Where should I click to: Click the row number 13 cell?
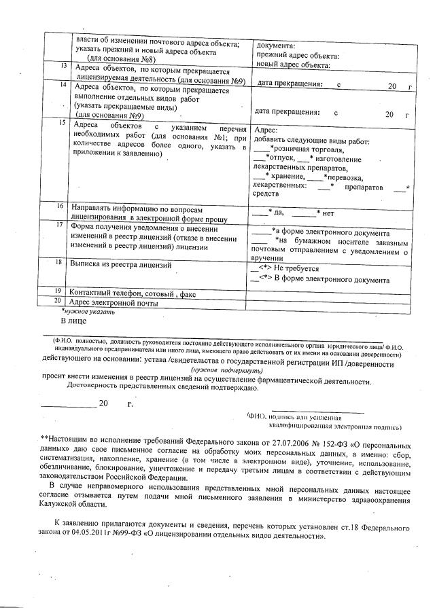pyautogui.click(x=63, y=67)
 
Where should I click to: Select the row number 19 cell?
pyautogui.click(x=59, y=291)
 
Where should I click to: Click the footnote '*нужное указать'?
pyautogui.click(x=88, y=312)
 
